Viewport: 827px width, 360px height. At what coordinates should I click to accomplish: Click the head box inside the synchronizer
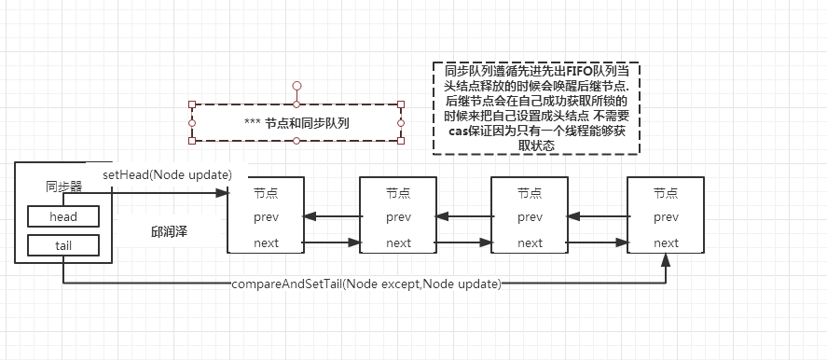tap(63, 216)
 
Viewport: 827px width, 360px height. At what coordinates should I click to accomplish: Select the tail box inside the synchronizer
tap(63, 244)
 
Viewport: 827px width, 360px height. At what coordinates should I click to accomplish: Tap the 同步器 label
tap(63, 187)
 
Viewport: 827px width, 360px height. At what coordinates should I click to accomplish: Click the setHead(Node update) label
tap(167, 174)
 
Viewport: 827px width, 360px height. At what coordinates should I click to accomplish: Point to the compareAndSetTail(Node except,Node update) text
tap(365, 283)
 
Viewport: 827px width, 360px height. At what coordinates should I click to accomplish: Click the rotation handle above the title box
tap(296, 86)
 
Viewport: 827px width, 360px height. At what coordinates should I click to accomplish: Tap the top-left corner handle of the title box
tap(192, 104)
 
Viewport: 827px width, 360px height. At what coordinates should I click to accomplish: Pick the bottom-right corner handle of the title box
tap(401, 142)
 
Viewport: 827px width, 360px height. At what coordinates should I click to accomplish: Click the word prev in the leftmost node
tap(266, 217)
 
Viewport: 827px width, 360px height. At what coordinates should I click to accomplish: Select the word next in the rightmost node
tap(666, 243)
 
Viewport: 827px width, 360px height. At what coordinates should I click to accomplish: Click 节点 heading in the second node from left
tap(398, 192)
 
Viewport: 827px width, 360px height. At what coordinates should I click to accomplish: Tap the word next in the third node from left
tap(530, 243)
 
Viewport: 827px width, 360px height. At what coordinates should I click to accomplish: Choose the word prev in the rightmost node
tap(666, 217)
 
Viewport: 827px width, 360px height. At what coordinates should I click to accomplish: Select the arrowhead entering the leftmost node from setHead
tap(222, 192)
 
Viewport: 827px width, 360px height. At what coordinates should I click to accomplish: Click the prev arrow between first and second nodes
tap(332, 217)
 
